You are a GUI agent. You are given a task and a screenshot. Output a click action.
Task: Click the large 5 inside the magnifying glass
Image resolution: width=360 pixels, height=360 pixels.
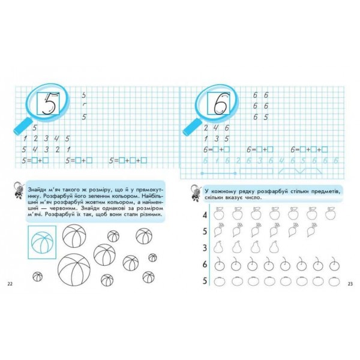pos(50,104)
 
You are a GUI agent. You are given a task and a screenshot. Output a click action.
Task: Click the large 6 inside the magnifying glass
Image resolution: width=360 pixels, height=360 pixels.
pos(220,104)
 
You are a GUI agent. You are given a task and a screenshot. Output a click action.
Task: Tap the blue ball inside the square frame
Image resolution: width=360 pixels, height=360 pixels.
pos(42,242)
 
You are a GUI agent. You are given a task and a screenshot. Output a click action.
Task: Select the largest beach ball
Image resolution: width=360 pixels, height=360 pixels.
pos(74,269)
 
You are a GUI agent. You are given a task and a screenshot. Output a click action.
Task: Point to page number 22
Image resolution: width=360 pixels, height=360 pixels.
pos(10,284)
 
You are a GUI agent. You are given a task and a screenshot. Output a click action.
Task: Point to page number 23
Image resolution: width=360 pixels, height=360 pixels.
pos(350,284)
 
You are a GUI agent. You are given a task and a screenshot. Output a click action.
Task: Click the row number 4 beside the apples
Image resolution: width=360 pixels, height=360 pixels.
pos(205,215)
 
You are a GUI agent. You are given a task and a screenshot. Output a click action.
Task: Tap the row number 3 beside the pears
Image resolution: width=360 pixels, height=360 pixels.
pos(205,248)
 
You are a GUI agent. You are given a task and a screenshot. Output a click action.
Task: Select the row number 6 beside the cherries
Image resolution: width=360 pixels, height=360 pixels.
pos(205,265)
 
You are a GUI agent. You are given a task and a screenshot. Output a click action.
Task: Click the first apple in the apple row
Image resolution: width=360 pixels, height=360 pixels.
pos(218,214)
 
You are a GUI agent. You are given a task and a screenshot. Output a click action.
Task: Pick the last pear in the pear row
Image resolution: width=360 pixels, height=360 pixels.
pos(274,247)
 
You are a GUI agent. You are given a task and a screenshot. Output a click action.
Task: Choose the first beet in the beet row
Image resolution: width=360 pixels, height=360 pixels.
pos(218,230)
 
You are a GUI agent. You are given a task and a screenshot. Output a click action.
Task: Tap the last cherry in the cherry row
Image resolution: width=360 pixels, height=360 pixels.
pos(334,264)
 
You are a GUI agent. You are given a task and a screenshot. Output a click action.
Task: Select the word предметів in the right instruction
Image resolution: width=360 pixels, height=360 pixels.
pos(327,191)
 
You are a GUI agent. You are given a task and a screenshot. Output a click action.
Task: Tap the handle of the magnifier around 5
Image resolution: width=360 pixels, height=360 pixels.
pos(23,127)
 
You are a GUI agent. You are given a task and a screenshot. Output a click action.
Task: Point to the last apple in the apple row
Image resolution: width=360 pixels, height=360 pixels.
pos(330,214)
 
